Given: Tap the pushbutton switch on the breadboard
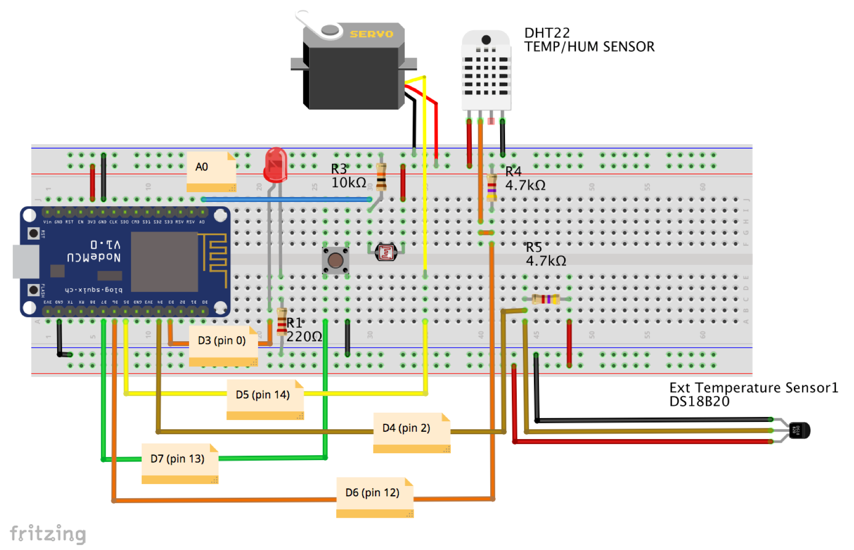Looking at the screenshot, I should [335, 260].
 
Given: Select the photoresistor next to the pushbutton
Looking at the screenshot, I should [386, 252].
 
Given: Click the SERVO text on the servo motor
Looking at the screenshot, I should [372, 34].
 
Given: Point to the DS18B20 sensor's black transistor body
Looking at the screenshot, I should [800, 431].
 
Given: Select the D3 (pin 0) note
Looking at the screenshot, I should [222, 345].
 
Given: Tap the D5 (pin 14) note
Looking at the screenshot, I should [264, 399].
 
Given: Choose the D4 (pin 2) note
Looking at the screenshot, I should [411, 432].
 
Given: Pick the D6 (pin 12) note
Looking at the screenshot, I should [374, 497].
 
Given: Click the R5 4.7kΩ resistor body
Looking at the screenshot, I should [546, 299].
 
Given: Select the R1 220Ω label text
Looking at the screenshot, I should [303, 330].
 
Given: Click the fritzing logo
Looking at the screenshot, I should [48, 533].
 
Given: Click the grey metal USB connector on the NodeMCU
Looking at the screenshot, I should [25, 262].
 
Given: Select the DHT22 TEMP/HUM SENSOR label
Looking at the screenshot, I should [589, 40].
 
